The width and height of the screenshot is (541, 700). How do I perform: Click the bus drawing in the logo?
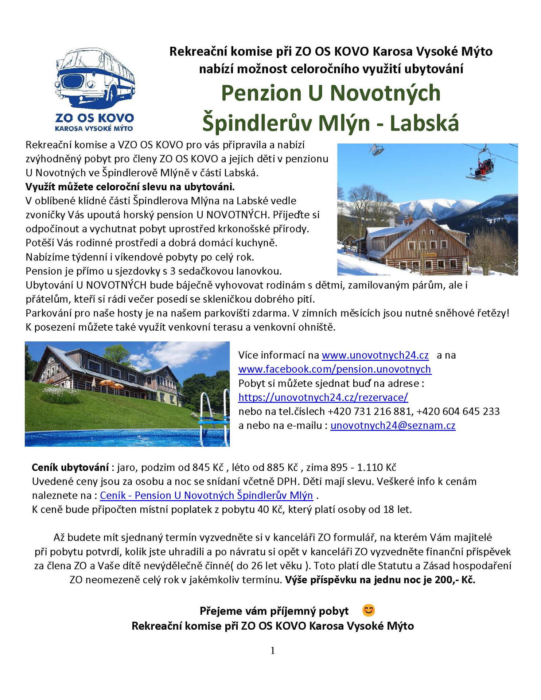point(94,78)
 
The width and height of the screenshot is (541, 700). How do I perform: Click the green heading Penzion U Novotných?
point(331,93)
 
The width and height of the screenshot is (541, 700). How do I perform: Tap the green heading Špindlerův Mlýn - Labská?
point(330,123)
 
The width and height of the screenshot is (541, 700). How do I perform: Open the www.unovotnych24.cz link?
point(375,355)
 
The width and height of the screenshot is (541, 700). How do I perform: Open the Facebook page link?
point(335,369)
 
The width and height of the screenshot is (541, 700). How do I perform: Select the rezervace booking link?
point(323,397)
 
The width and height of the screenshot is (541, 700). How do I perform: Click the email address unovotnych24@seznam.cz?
point(393,425)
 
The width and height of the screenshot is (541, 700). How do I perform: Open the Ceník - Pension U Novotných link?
point(206,495)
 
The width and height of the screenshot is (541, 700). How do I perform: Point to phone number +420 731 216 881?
point(370,411)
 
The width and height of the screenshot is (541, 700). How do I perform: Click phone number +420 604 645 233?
point(458,411)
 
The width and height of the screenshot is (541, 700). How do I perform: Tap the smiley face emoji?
point(369,610)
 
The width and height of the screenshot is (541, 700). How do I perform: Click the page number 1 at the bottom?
point(273,650)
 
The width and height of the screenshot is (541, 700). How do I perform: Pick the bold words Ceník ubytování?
point(70,467)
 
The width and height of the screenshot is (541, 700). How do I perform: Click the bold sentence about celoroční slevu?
point(130,187)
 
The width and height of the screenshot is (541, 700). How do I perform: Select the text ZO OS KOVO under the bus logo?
point(94,118)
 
